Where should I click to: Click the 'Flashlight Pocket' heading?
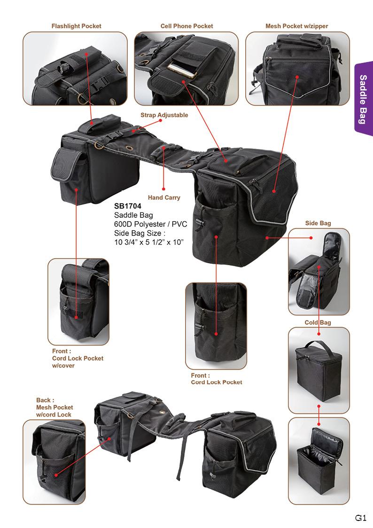[76, 26]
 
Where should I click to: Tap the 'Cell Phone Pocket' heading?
[186, 26]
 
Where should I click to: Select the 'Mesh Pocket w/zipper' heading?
[297, 26]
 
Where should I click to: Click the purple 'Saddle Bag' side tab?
[363, 99]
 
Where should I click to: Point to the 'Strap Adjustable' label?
[164, 115]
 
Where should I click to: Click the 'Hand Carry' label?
[164, 198]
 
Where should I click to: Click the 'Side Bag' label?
[318, 223]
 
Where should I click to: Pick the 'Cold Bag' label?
[318, 323]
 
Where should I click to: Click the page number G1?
[361, 518]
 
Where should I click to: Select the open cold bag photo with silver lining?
[319, 461]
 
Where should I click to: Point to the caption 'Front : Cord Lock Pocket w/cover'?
[78, 358]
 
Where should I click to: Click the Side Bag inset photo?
[319, 271]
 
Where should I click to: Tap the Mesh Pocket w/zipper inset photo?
[297, 68]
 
